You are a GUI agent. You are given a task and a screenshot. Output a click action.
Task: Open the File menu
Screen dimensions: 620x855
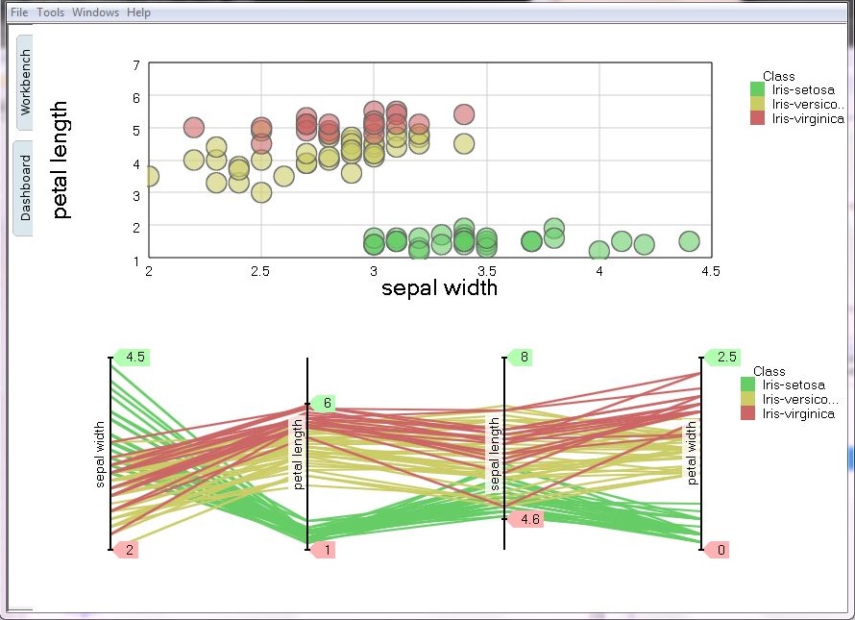point(19,12)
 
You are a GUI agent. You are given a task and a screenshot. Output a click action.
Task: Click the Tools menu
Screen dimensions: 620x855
point(50,12)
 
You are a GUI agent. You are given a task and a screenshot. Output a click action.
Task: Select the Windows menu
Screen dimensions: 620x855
point(95,12)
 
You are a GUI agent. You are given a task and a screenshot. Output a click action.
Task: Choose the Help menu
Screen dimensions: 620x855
point(138,12)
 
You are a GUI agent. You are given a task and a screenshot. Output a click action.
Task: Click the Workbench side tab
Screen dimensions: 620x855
point(25,83)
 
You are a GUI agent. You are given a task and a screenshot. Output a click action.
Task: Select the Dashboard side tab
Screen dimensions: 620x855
point(25,187)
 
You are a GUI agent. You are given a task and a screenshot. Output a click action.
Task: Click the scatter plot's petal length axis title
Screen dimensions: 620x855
point(62,161)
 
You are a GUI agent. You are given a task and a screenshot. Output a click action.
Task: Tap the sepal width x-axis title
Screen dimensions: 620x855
point(439,287)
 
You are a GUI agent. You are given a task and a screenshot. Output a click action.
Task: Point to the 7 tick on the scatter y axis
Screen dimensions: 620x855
point(136,65)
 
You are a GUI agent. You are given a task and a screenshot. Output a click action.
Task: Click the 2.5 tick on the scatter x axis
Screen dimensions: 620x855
point(260,272)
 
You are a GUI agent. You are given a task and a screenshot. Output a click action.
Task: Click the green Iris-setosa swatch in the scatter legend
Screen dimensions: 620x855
point(758,90)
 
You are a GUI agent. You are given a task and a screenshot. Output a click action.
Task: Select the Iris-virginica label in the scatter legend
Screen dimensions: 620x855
point(808,119)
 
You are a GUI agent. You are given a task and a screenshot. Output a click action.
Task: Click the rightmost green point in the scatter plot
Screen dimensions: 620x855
point(688,241)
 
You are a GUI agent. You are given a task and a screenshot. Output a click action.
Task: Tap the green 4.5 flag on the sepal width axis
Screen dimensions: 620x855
point(133,358)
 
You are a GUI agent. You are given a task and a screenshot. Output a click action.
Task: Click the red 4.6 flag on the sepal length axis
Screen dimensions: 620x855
point(526,519)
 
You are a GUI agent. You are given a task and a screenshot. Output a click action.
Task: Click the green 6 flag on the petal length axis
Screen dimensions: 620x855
point(326,403)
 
